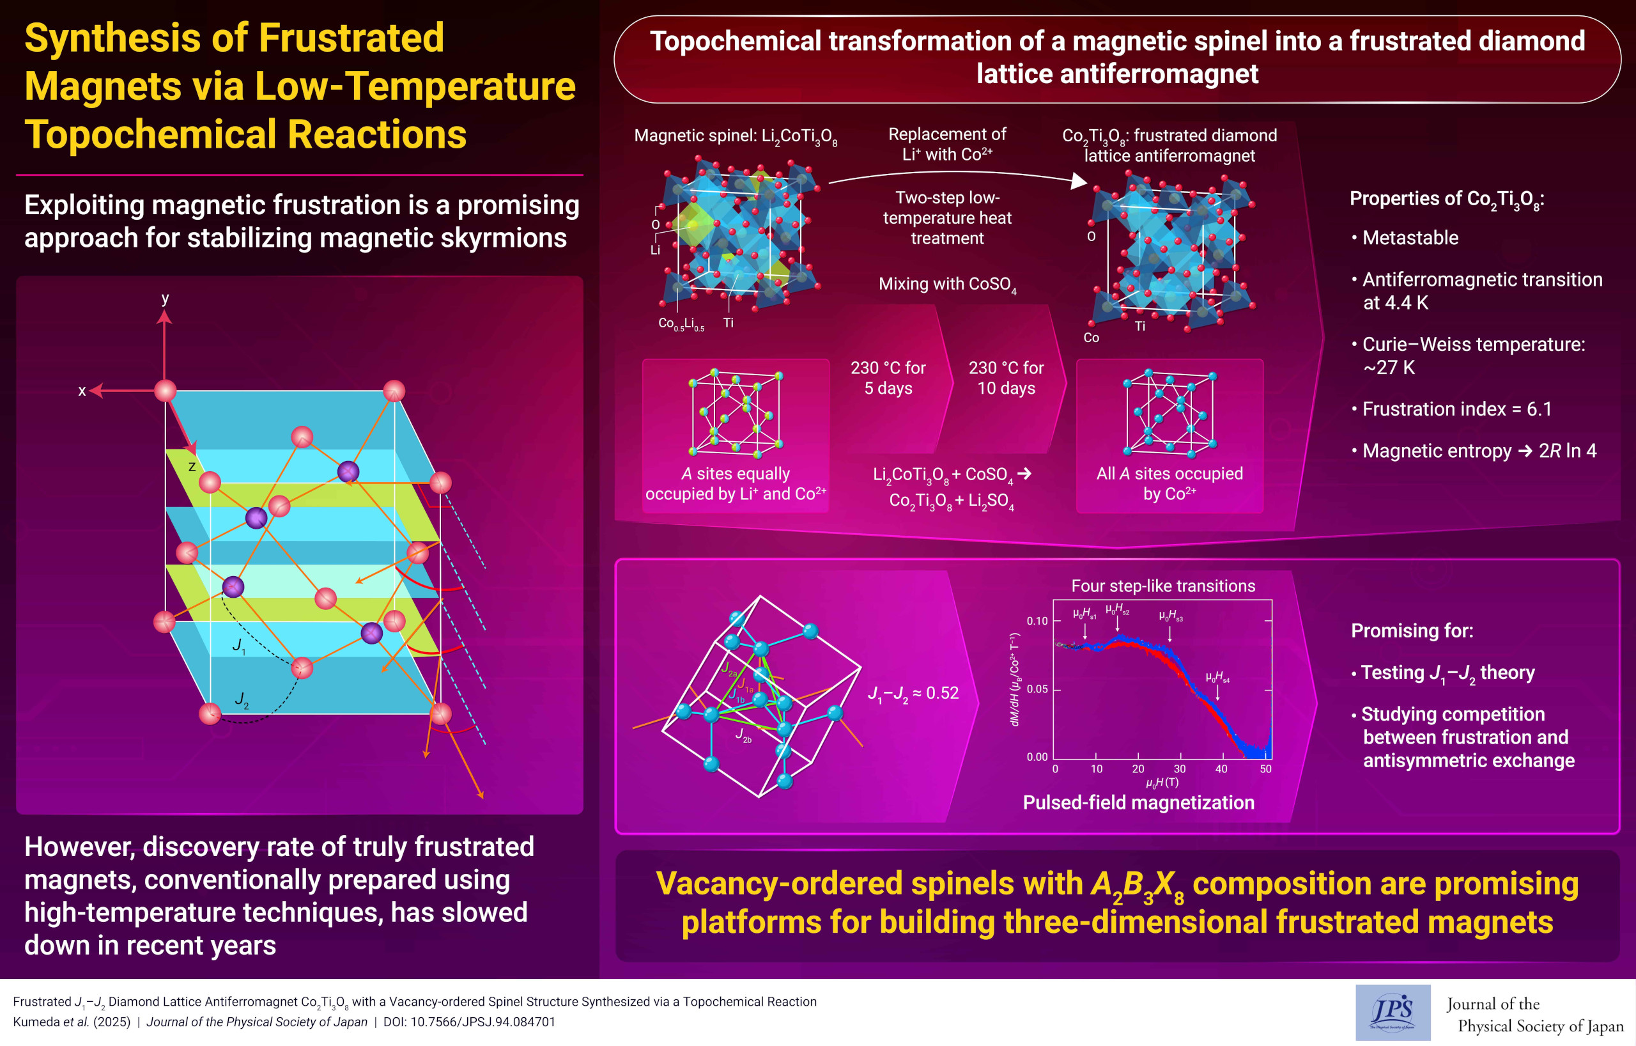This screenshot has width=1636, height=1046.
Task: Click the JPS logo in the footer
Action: pyautogui.click(x=1392, y=1012)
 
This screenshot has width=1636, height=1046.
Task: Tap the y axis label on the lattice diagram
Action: pyautogui.click(x=165, y=299)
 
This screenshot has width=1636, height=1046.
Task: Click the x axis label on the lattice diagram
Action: pyautogui.click(x=82, y=391)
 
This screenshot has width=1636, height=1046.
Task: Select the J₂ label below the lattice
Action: pyautogui.click(x=241, y=699)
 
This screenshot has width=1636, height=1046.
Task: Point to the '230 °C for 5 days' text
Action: pyautogui.click(x=888, y=378)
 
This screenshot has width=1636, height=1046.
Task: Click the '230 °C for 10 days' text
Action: pyautogui.click(x=1005, y=378)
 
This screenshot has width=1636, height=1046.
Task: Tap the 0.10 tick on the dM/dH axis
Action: pyautogui.click(x=1037, y=621)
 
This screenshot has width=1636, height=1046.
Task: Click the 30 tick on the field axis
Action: pyautogui.click(x=1180, y=769)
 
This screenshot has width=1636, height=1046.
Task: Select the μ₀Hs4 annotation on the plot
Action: pyautogui.click(x=1217, y=677)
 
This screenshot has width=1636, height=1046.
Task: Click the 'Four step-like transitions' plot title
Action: pyautogui.click(x=1163, y=586)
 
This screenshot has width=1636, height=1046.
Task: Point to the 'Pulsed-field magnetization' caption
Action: pyautogui.click(x=1139, y=802)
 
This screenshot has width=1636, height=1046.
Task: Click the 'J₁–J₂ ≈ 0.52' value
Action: pyautogui.click(x=913, y=693)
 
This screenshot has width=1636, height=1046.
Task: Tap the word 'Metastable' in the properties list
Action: pyautogui.click(x=1410, y=238)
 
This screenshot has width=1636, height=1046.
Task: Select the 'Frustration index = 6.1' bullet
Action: pyautogui.click(x=1456, y=409)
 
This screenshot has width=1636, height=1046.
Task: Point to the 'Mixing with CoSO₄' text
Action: pyautogui.click(x=947, y=284)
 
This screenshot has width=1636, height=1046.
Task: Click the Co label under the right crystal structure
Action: pyautogui.click(x=1091, y=338)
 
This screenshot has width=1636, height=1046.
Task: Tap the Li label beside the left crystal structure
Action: pyautogui.click(x=655, y=250)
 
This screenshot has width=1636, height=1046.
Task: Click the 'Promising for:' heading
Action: pyautogui.click(x=1412, y=630)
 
